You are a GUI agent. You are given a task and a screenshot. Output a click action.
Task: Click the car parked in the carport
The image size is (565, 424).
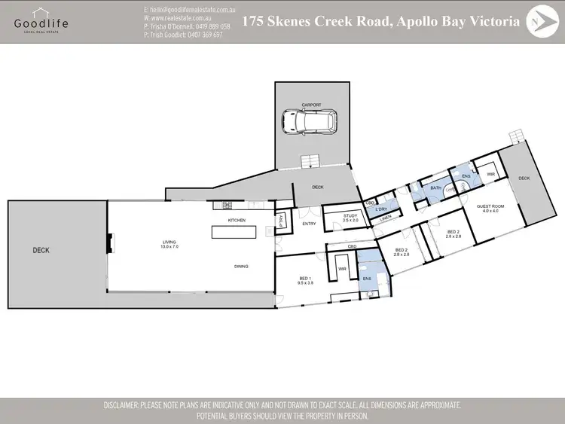pyautogui.click(x=310, y=120)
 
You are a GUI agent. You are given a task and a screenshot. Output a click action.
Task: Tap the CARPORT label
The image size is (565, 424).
pyautogui.click(x=311, y=105)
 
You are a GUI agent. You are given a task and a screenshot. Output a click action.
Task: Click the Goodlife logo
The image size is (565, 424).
pyautogui.click(x=41, y=21)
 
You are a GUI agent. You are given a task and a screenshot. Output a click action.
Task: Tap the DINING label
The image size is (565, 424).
pyautogui.click(x=241, y=266)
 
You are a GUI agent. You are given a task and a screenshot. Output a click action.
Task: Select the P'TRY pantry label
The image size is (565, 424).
pyautogui.click(x=281, y=221)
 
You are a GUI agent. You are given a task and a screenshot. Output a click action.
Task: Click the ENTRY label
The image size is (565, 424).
pyautogui.click(x=310, y=224)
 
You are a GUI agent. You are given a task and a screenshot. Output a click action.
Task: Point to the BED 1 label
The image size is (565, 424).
pyautogui.click(x=304, y=281)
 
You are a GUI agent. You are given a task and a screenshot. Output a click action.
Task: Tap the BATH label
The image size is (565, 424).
pyautogui.click(x=435, y=188)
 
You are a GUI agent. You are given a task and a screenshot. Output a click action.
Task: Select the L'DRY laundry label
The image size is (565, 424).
pyautogui.click(x=381, y=209)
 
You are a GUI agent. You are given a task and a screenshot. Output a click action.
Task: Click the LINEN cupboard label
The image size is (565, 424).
pyautogui.click(x=386, y=218)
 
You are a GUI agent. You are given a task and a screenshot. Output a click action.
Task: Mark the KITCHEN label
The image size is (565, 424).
pyautogui.click(x=237, y=220)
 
